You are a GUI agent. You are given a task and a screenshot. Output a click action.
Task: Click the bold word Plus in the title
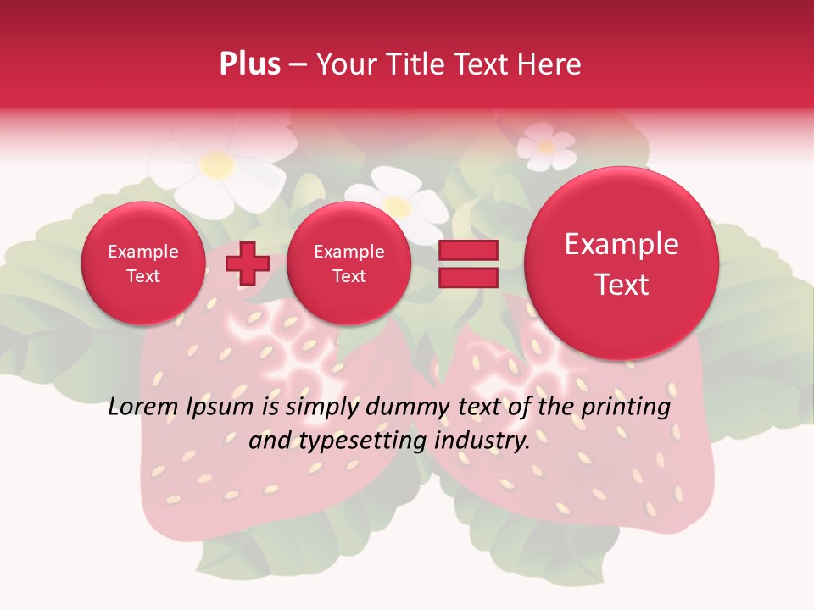(250, 64)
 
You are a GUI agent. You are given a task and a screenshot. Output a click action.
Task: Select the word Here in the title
(551, 64)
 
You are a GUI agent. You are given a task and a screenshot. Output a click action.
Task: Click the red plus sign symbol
(247, 263)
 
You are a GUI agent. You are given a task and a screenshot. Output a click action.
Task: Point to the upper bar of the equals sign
(467, 250)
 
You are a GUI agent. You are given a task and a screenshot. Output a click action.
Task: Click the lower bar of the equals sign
(467, 278)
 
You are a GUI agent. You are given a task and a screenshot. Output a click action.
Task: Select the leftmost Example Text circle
(143, 263)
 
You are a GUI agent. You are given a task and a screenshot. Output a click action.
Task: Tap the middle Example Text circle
(348, 263)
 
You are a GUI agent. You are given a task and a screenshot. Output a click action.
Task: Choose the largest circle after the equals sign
(622, 264)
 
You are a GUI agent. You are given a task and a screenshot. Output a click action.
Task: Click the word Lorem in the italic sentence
(141, 408)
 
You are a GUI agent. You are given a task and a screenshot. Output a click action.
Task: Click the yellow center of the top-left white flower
(217, 164)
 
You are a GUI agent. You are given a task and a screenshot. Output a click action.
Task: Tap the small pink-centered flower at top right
(547, 147)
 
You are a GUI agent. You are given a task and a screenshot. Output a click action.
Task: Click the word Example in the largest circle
(622, 244)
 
